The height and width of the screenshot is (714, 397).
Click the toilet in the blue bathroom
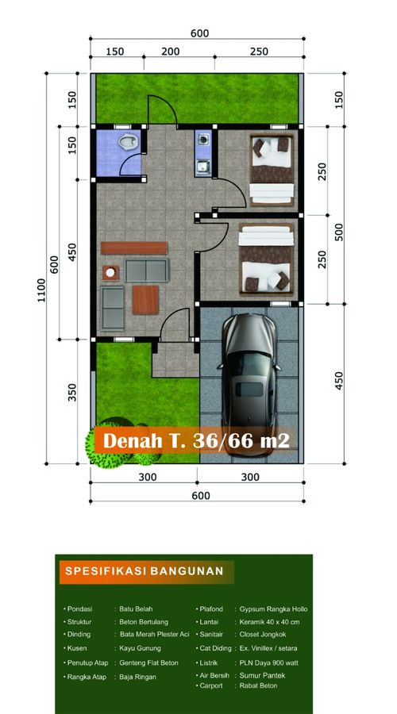click(128, 143)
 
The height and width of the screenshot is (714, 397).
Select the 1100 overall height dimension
click(41, 290)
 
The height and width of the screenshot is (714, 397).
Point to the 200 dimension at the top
click(171, 52)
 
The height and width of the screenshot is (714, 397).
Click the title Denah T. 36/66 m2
click(196, 440)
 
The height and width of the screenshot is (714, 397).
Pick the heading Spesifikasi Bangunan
click(145, 571)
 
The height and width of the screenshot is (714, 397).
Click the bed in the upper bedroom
click(272, 170)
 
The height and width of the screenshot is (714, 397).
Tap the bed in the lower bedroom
click(267, 258)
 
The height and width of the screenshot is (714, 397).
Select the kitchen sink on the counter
click(202, 167)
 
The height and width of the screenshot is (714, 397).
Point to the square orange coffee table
click(145, 300)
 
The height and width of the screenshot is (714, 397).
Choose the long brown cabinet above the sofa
click(134, 248)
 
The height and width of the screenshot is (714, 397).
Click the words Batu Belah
click(136, 608)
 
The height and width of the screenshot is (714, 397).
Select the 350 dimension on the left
click(72, 392)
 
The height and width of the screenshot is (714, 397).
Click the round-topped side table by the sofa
click(110, 273)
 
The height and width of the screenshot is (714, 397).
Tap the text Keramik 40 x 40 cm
click(269, 621)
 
